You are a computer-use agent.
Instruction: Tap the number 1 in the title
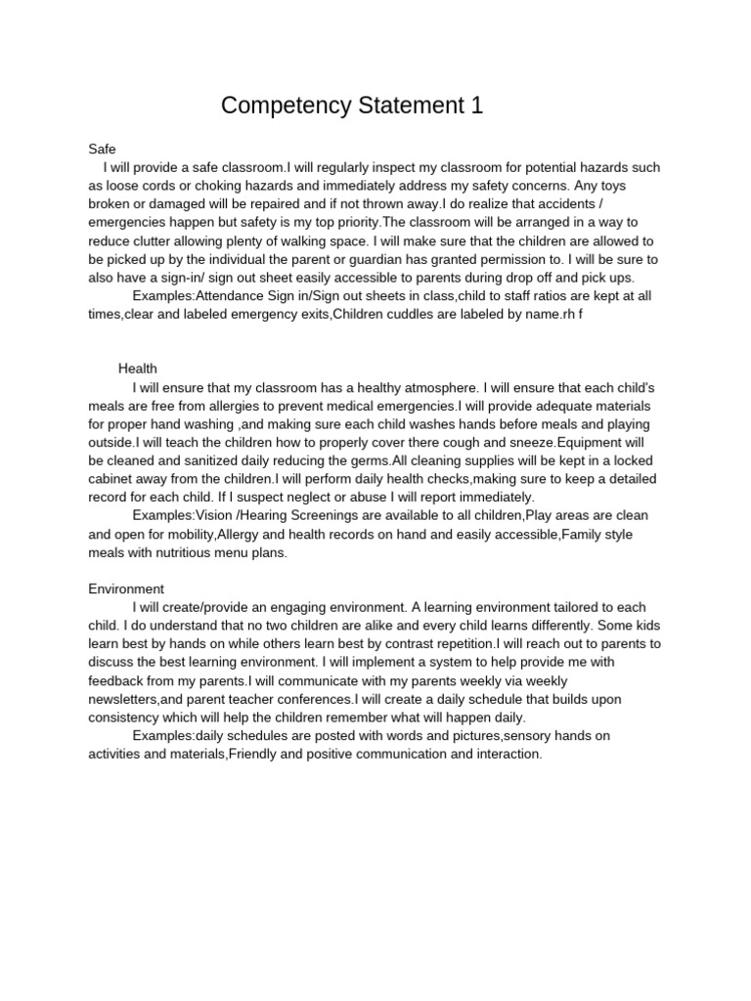point(477,106)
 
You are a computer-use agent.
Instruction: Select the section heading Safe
point(102,149)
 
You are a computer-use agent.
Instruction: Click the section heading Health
point(138,369)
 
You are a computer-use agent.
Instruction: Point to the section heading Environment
point(126,588)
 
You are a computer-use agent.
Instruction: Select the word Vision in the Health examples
point(215,515)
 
